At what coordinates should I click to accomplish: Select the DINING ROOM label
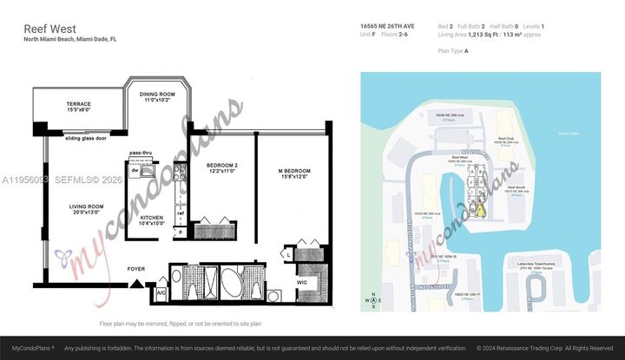pos(158,96)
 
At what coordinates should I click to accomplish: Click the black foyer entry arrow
pos(134,278)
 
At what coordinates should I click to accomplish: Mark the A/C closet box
pos(160,293)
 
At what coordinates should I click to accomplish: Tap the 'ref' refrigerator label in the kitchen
pos(181,213)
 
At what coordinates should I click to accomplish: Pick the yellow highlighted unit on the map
pos(477,209)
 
